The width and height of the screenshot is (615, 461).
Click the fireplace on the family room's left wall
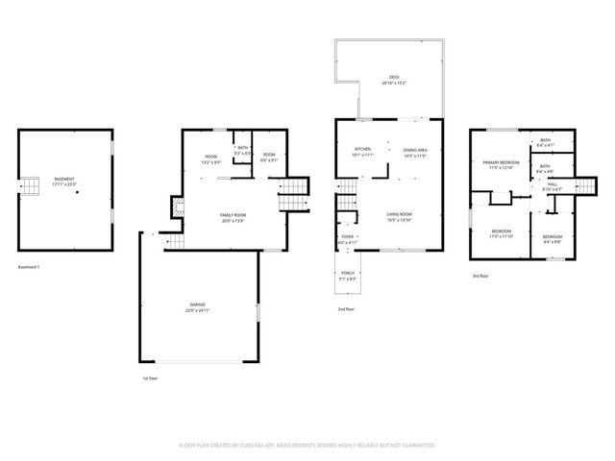[176, 206]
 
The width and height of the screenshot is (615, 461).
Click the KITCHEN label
[362, 150]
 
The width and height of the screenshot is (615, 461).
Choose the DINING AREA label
[416, 151]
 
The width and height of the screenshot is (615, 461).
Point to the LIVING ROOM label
[399, 215]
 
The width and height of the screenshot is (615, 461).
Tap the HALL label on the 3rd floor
[552, 185]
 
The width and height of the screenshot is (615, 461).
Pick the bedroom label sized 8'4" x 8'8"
[552, 238]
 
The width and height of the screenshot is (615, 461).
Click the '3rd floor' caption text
[480, 276]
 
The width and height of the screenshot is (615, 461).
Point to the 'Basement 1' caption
[30, 266]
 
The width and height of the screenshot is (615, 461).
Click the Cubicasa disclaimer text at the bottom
[307, 445]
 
